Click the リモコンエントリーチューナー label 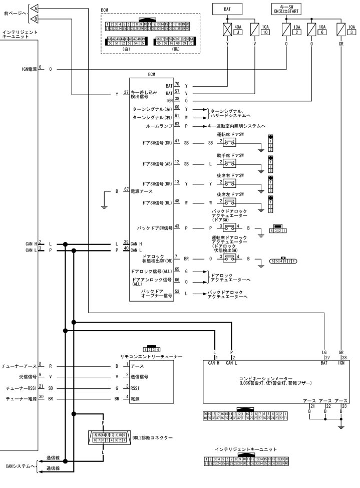pos(151,356)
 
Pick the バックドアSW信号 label pos(155,227)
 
